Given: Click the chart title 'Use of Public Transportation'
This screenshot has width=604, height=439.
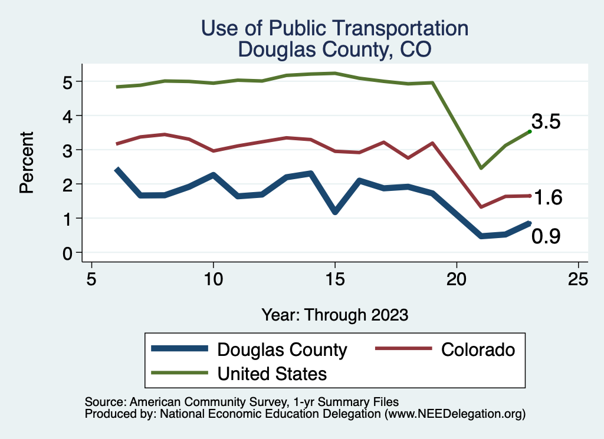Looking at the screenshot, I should click(x=334, y=28).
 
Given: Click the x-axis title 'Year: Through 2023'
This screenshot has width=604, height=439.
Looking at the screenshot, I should click(x=334, y=315).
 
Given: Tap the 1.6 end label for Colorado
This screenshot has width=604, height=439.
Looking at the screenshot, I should click(x=547, y=198).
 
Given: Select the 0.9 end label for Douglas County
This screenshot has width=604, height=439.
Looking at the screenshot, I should click(x=546, y=236).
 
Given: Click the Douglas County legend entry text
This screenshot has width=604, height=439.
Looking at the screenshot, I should click(x=282, y=349).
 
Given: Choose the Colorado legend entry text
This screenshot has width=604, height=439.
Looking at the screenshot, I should click(x=478, y=349).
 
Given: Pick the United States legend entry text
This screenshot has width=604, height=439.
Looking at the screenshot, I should click(x=272, y=373).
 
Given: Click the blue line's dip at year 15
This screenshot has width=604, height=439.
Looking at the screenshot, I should click(x=335, y=211).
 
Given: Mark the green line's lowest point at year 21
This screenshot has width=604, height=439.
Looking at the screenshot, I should click(x=481, y=168).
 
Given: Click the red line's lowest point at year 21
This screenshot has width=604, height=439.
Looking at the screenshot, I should click(x=481, y=207).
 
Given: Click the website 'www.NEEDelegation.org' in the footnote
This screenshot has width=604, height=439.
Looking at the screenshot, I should click(x=454, y=414).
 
